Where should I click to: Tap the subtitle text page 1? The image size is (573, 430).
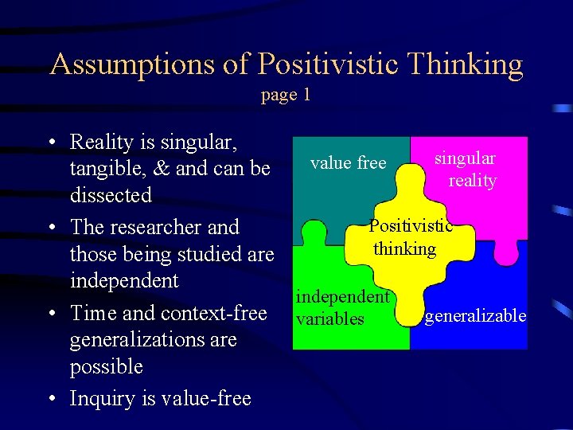click(x=286, y=95)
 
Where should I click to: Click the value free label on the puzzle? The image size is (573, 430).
click(x=348, y=163)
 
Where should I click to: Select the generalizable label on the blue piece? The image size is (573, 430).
click(x=475, y=316)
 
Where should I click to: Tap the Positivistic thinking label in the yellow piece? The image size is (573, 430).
click(x=408, y=237)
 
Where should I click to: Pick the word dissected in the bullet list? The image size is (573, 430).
click(x=111, y=195)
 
